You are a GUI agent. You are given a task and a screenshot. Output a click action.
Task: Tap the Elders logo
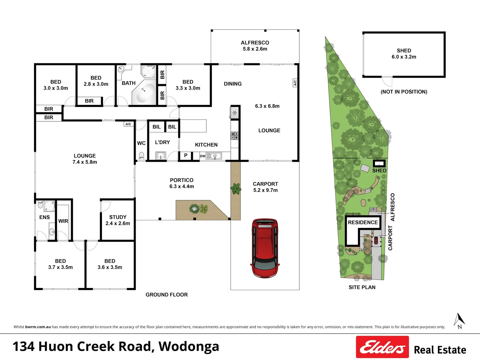coord(382,347)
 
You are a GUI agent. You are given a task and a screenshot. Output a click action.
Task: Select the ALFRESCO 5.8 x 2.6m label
coord(255,46)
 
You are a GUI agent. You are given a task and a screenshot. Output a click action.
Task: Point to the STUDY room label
coord(118,220)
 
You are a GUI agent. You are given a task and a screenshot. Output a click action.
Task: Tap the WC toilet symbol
coord(141,156)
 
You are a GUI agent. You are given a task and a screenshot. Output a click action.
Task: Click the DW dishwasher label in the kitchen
coord(203,156)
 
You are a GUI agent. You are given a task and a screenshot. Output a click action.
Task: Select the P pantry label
coord(186,155)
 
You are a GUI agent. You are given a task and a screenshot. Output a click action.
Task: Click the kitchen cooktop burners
coord(235,136)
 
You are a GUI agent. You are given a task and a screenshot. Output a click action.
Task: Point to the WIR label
coord(63,221)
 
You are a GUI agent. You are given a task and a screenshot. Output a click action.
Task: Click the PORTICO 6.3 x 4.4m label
coord(182,183)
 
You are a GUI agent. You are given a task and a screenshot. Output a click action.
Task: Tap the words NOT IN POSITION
coord(404,92)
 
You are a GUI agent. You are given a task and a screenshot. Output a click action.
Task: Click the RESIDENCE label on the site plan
coord(363,222)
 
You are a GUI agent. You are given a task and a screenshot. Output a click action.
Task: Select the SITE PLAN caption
coord(362,287)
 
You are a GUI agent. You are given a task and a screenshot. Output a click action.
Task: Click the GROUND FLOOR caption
coord(167,295)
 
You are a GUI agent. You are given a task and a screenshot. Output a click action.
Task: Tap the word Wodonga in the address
coord(189,346)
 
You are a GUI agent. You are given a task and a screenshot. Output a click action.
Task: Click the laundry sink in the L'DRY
coord(161,156)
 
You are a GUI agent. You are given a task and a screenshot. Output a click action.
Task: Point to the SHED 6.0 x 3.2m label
coord(404,54)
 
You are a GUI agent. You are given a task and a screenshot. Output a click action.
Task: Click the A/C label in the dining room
coord(295,83)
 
